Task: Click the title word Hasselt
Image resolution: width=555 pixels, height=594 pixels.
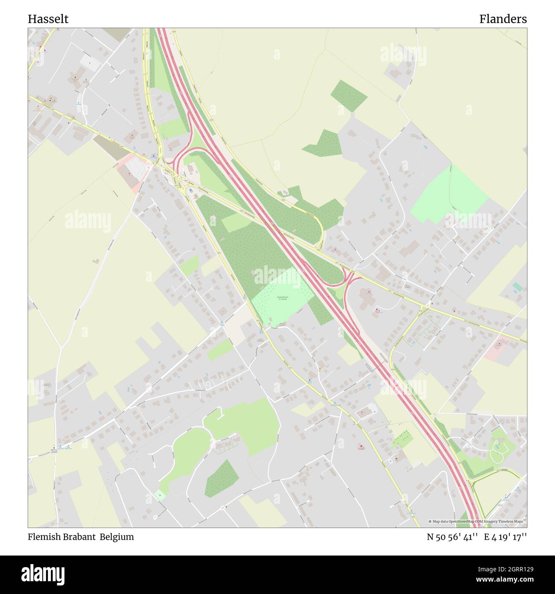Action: (48, 19)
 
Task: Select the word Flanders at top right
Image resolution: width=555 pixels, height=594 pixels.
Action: (502, 19)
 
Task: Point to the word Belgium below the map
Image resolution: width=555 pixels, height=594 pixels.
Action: (117, 537)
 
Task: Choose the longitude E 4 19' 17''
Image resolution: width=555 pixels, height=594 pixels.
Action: (505, 537)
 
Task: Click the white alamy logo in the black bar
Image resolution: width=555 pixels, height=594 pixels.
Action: (43, 574)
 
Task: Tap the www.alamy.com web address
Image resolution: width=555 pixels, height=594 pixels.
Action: (502, 580)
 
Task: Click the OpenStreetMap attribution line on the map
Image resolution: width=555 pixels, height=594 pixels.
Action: (477, 521)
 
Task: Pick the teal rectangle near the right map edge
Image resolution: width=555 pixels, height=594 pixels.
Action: (517, 286)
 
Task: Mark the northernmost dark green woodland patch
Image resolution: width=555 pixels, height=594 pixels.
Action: (348, 95)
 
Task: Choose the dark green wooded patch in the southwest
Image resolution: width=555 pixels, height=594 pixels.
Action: (222, 479)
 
